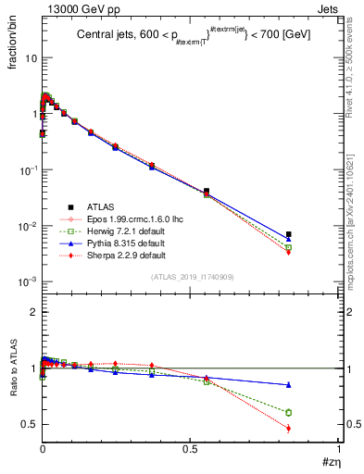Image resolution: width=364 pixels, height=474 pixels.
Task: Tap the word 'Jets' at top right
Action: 329,8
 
